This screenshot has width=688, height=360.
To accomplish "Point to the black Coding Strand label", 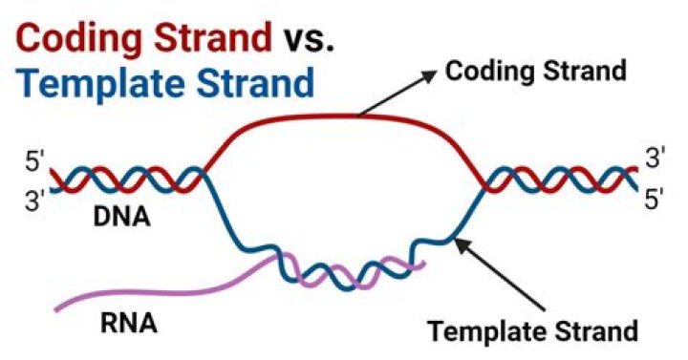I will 536,71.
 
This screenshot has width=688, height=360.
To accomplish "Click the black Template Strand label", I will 532,330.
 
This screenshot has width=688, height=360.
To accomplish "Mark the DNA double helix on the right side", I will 559,180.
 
